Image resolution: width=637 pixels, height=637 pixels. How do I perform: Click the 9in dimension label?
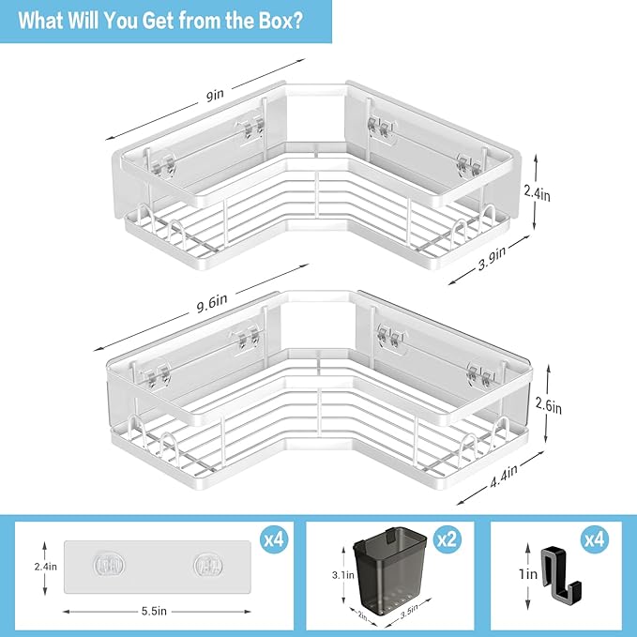tap(215, 95)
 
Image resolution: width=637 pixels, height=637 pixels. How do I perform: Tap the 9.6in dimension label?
tap(212, 303)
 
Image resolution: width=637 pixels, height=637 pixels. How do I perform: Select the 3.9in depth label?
tap(492, 258)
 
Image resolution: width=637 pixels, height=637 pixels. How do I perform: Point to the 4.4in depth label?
tap(504, 477)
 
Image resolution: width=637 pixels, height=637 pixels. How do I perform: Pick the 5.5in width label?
tap(154, 611)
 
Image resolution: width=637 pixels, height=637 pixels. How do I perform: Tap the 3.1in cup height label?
tap(342, 575)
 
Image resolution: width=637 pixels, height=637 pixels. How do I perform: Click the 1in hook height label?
tap(528, 574)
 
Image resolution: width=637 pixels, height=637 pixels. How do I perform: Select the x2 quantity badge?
tap(447, 539)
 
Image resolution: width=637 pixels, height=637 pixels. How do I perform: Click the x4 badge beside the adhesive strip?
tap(274, 539)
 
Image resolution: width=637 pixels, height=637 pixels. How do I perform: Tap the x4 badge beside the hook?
tap(595, 539)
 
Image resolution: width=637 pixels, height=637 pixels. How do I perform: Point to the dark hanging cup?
tap(389, 569)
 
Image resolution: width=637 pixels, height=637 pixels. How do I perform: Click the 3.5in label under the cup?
tap(409, 613)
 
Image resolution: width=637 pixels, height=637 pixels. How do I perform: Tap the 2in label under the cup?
tap(362, 616)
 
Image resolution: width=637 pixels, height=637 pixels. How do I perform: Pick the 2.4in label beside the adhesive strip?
tap(45, 567)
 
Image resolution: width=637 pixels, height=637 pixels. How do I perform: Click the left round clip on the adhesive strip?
tap(109, 565)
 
